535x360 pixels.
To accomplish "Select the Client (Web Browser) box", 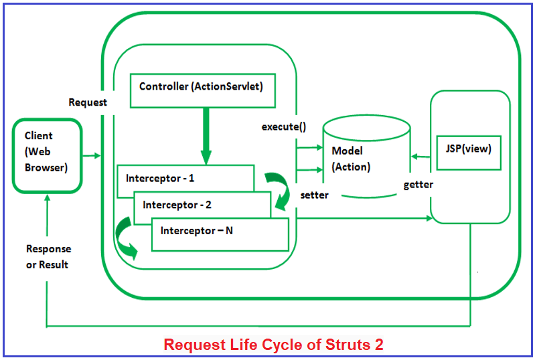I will [47, 155].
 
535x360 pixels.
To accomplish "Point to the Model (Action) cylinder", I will [366, 159].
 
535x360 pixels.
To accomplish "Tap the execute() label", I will [284, 126].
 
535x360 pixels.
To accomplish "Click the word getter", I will [418, 184].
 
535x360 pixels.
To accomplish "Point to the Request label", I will [87, 102].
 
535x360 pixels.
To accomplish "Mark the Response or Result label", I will [48, 256].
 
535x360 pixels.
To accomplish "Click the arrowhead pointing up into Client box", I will [48, 199].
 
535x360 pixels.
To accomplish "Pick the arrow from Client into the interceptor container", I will [92, 156].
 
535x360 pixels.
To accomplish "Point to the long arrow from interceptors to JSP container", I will [362, 218].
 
